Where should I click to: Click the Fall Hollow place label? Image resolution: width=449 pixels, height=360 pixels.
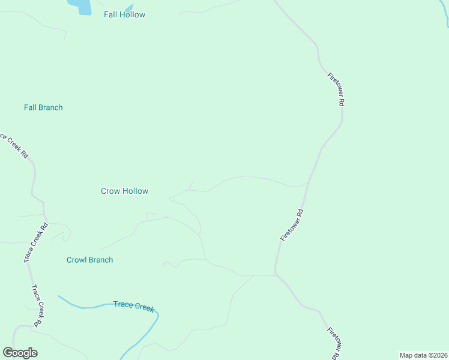click(x=124, y=14)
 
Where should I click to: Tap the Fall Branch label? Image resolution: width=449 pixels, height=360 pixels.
click(x=43, y=107)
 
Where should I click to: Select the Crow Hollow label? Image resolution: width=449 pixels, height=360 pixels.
click(x=124, y=191)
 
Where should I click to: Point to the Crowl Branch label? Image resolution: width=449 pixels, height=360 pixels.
click(x=89, y=260)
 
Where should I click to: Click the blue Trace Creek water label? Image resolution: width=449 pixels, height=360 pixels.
click(x=134, y=305)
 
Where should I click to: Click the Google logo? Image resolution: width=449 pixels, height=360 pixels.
click(x=20, y=353)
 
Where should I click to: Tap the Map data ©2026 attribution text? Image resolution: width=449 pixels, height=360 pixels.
click(x=423, y=355)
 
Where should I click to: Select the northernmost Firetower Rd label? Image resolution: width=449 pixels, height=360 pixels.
click(x=336, y=89)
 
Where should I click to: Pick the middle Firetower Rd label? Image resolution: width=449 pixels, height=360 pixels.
click(x=292, y=225)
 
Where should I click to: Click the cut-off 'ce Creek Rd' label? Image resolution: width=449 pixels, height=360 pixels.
click(x=14, y=145)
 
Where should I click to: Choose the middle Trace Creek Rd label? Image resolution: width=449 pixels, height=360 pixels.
click(x=35, y=243)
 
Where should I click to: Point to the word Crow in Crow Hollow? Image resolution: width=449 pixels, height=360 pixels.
click(x=110, y=191)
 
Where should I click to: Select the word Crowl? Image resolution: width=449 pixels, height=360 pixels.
click(x=77, y=260)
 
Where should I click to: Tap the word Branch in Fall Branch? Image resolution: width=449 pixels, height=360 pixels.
click(x=50, y=107)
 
